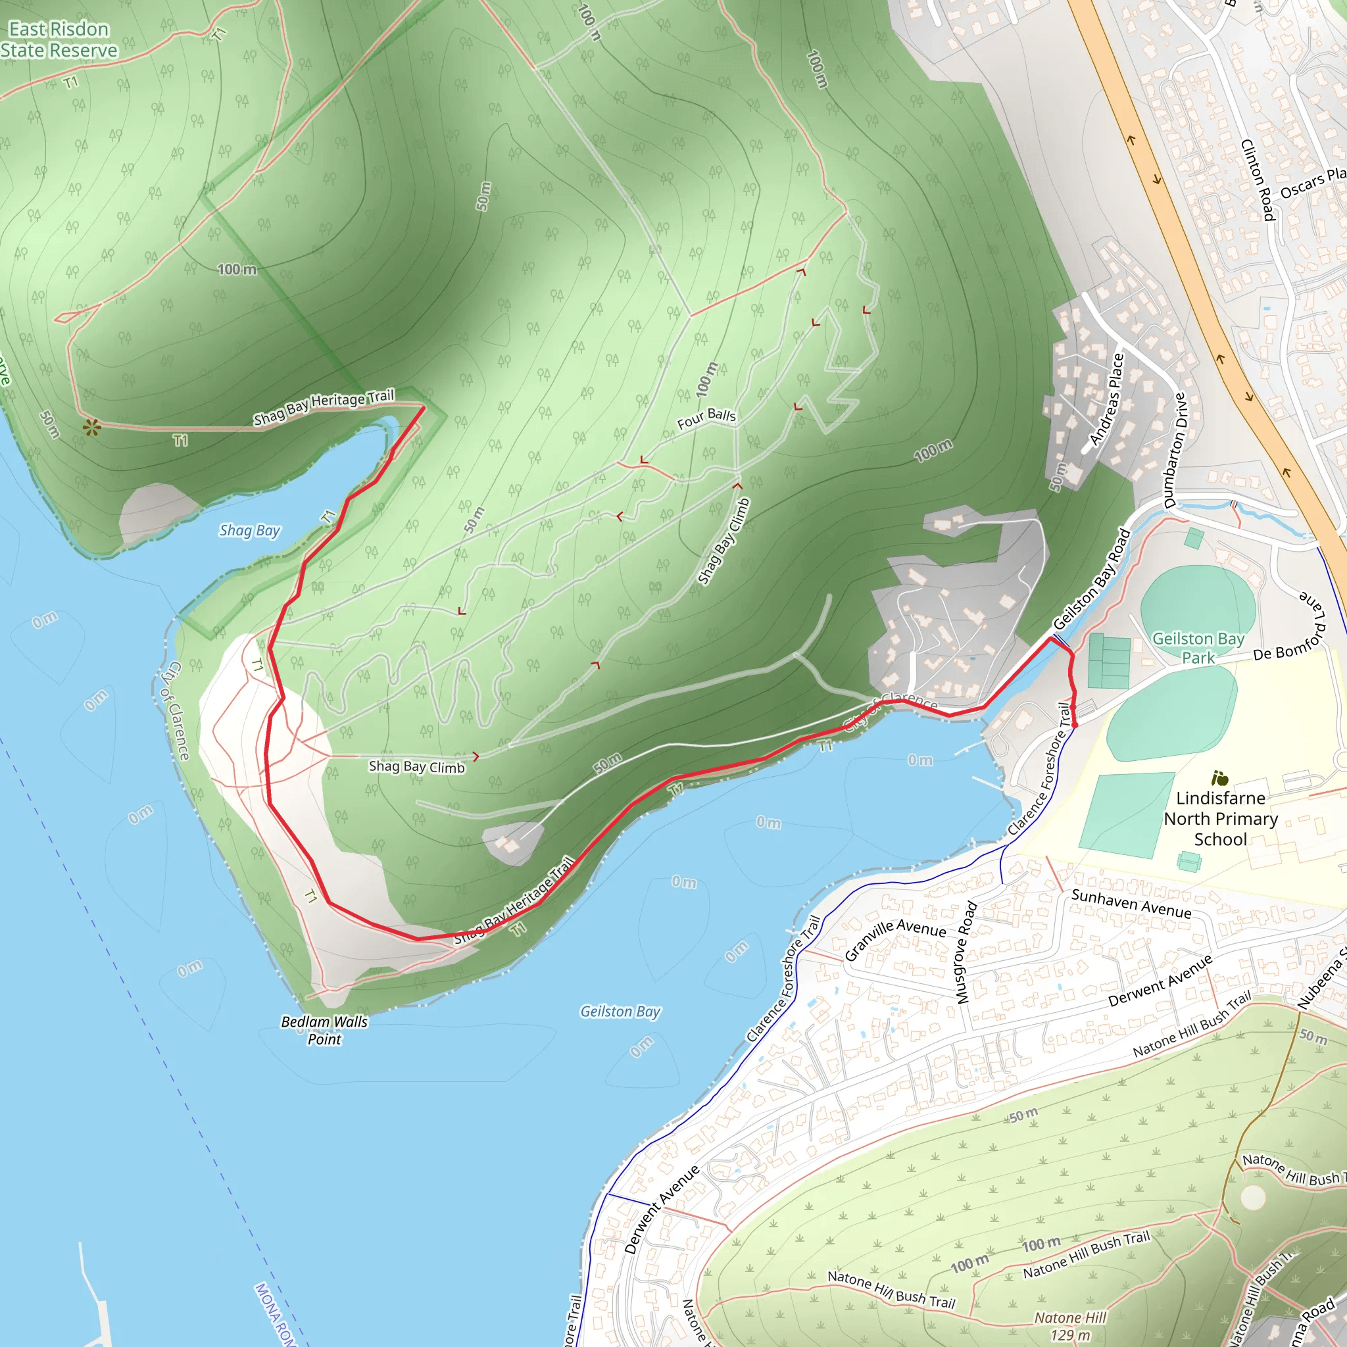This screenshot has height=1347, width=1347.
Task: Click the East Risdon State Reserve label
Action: click(59, 39)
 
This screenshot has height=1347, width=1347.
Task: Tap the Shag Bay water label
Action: click(249, 531)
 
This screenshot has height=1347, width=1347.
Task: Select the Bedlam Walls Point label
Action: click(324, 1030)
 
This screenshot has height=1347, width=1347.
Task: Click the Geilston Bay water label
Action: click(620, 1011)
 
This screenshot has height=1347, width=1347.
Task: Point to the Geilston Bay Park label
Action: click(1198, 648)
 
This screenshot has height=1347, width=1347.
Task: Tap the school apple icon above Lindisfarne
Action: click(1219, 778)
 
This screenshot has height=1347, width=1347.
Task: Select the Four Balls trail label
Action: click(706, 418)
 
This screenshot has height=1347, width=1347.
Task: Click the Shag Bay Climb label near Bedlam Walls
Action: click(416, 766)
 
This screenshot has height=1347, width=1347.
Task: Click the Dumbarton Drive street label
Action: click(1175, 451)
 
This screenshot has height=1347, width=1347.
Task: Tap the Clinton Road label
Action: click(1258, 180)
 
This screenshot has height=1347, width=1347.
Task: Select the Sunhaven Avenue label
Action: click(1131, 904)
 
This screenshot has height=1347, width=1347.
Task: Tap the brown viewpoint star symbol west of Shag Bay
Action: click(91, 428)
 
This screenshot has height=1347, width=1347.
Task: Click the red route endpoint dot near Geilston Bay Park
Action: click(1075, 725)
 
